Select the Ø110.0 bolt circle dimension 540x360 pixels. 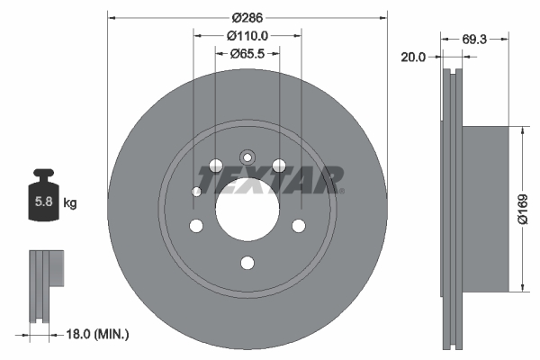[x=247, y=36]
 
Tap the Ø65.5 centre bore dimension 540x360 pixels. [x=247, y=54]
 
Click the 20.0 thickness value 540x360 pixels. [x=414, y=56]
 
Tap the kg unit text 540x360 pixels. [x=70, y=203]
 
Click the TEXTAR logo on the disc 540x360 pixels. [x=270, y=180]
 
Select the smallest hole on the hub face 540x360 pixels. [x=196, y=191]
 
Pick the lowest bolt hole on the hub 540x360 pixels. [x=247, y=263]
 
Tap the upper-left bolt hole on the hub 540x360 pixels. [x=214, y=165]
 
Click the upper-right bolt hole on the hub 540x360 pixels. [x=279, y=165]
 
